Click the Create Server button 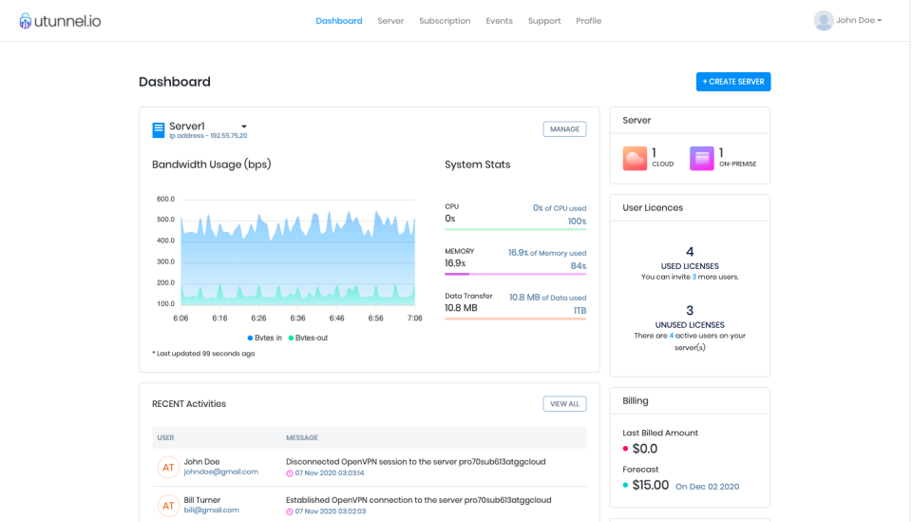(x=732, y=82)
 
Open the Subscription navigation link (x=445, y=21)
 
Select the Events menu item (x=499, y=21)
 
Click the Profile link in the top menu (x=588, y=21)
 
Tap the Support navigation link (x=544, y=21)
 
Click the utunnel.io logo (x=60, y=21)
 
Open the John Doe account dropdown (x=847, y=20)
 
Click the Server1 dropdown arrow (x=244, y=126)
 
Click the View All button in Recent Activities (x=564, y=404)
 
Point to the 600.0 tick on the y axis (x=165, y=199)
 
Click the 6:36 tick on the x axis (x=297, y=319)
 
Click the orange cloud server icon (x=635, y=158)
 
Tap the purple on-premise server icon (x=702, y=158)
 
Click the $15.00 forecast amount (x=651, y=485)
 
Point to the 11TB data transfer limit (x=579, y=311)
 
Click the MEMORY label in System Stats (x=459, y=251)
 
